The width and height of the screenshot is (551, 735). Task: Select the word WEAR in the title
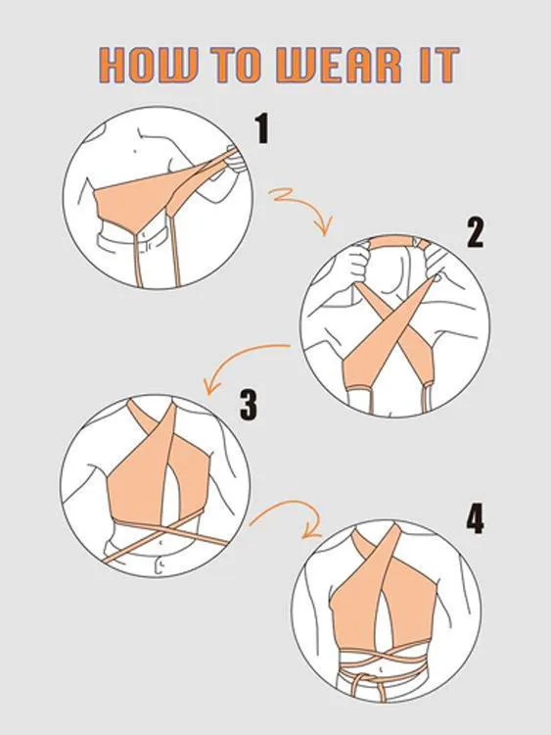340,65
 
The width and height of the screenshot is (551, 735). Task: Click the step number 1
262,129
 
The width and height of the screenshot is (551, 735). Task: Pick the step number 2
475,232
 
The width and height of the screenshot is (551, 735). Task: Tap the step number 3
249,406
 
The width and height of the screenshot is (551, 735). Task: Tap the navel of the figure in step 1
135,151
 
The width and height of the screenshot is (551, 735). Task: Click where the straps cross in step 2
394,324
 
